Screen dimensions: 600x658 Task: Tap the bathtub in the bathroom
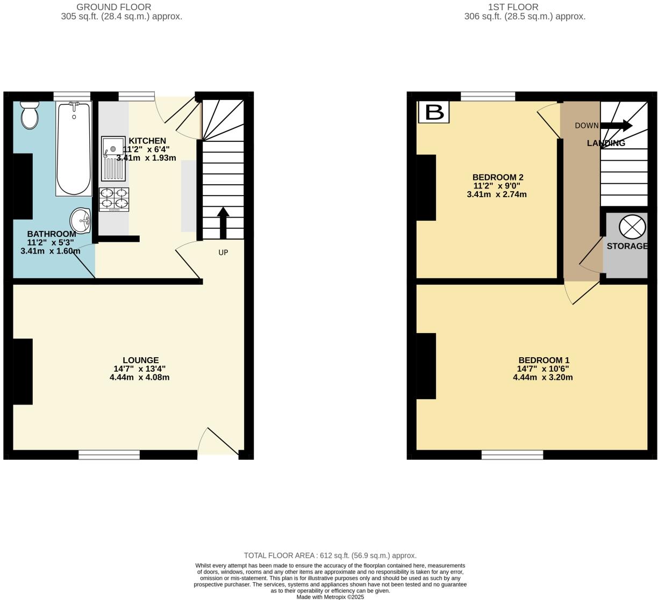(x=74, y=148)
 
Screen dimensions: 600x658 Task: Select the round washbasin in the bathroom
(x=81, y=219)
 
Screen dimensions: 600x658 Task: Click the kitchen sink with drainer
(x=113, y=158)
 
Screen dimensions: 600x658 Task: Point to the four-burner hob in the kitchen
(x=114, y=199)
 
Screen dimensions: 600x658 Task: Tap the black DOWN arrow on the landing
(x=616, y=126)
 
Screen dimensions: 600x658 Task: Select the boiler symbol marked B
(x=434, y=112)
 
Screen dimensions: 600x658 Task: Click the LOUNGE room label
(x=140, y=360)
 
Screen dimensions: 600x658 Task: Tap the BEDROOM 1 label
(x=543, y=360)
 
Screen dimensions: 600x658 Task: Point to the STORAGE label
(x=627, y=246)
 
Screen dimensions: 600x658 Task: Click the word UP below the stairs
(x=223, y=252)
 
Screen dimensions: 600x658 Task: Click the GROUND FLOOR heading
(x=113, y=7)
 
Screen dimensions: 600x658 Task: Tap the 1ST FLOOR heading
(x=513, y=7)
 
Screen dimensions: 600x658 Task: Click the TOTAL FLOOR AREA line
(x=330, y=555)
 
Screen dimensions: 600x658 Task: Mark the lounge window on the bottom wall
(x=109, y=455)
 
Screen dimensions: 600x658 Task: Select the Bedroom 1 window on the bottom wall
(x=512, y=455)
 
